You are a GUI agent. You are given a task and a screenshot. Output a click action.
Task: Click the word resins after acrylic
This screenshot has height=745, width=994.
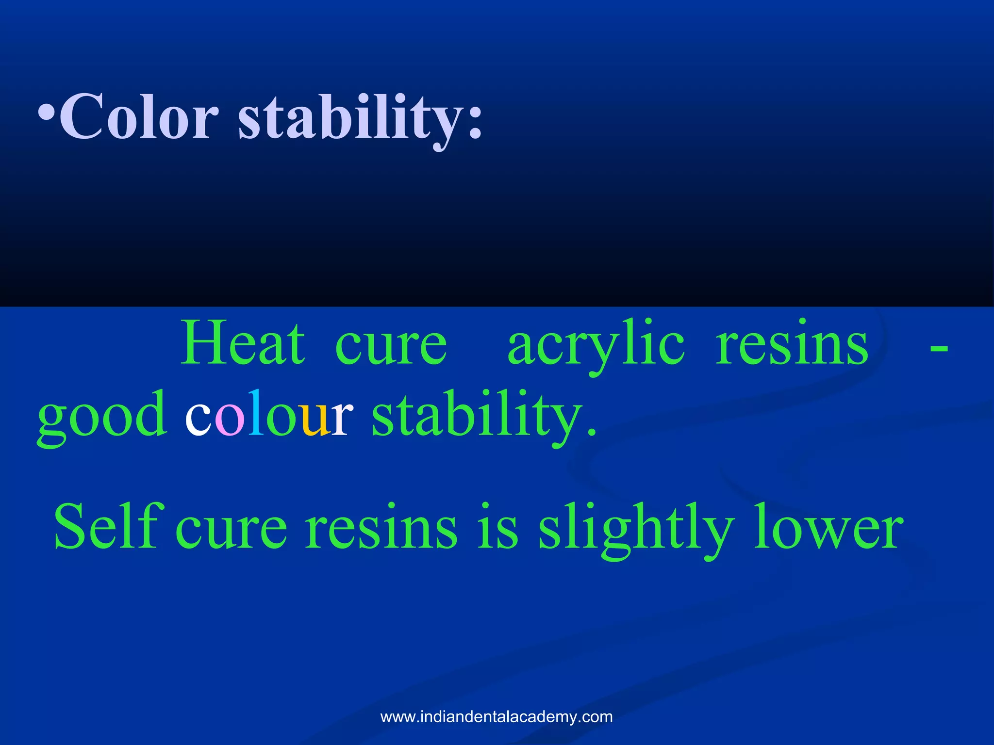tap(792, 344)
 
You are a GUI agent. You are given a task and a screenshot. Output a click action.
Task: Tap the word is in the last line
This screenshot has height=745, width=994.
tap(498, 528)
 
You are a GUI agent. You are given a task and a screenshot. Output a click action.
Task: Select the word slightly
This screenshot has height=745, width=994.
tap(636, 529)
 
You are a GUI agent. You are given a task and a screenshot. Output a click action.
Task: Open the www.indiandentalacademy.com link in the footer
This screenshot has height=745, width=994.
tap(497, 716)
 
